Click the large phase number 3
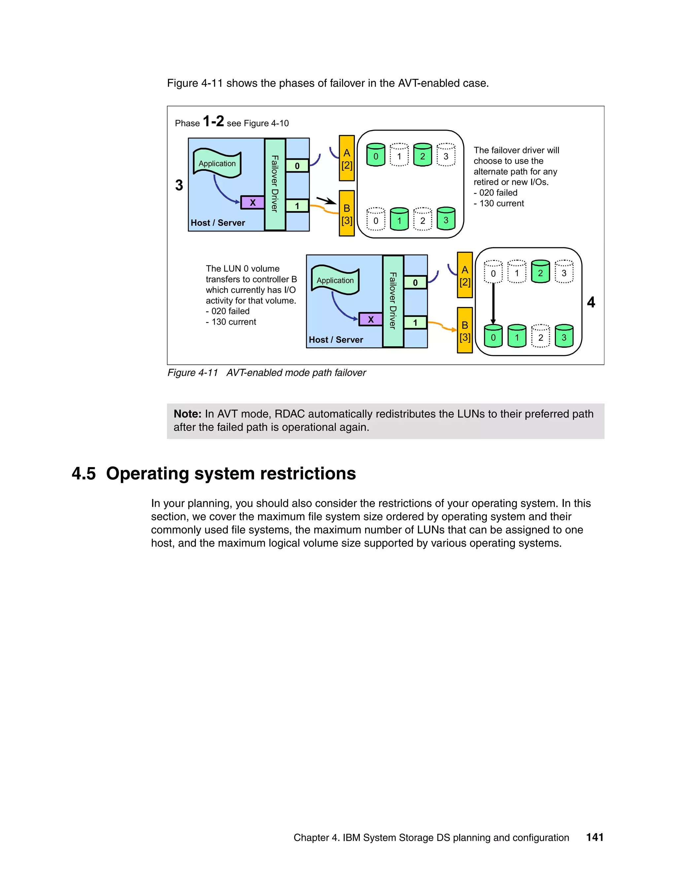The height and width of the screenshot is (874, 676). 179,185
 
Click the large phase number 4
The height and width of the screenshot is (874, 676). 591,302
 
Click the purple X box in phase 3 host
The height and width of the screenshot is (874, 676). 252,203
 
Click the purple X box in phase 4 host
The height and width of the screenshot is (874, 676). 370,319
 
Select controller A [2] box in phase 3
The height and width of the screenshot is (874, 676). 347,158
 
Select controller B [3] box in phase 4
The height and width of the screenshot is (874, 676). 464,330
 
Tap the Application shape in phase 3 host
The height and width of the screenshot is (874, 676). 217,163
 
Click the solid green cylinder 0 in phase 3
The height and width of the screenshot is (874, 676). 376,155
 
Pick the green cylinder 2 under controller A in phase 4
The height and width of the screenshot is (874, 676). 540,272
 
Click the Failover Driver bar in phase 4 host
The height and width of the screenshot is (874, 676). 393,301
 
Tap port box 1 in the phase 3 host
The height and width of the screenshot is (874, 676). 297,206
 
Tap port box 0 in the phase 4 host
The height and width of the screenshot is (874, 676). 415,283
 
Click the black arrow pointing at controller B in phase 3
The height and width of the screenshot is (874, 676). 326,200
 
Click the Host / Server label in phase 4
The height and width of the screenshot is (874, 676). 336,340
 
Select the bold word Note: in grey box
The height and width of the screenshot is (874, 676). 187,414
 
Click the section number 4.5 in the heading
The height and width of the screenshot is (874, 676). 84,473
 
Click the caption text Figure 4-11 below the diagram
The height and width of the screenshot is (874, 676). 193,373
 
